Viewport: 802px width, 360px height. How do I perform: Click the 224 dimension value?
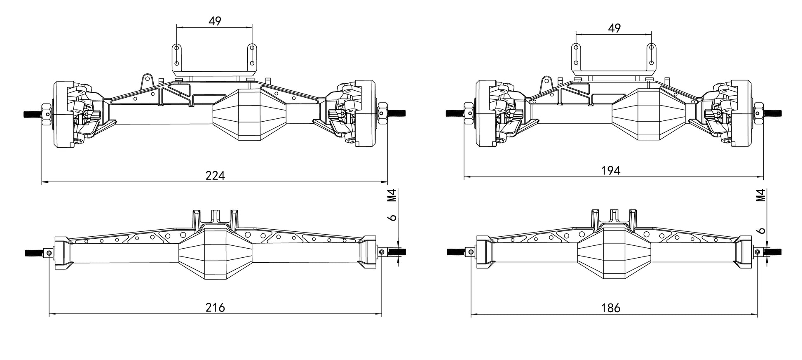(x=215, y=176)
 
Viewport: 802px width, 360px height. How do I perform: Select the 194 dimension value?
(x=611, y=170)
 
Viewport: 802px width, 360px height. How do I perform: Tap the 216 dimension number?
(x=215, y=308)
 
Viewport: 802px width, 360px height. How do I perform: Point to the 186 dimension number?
(x=611, y=308)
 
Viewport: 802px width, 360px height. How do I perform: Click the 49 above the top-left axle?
(x=215, y=21)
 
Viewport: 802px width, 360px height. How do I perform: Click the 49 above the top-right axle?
(x=614, y=28)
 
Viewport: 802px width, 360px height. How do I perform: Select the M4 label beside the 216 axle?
(x=392, y=195)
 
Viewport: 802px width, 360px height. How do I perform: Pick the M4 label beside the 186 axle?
(x=761, y=195)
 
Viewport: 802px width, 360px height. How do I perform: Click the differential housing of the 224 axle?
(x=250, y=114)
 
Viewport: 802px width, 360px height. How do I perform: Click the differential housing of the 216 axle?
(x=215, y=253)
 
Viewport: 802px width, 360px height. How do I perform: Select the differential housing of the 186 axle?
(x=614, y=253)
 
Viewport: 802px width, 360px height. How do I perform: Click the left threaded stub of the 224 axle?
(x=32, y=113)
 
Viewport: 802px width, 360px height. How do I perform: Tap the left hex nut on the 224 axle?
(x=46, y=113)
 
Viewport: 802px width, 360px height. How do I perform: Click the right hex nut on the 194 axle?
(x=758, y=113)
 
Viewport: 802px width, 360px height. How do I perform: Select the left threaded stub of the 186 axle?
(x=455, y=252)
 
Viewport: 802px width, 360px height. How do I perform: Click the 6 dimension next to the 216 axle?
(x=393, y=217)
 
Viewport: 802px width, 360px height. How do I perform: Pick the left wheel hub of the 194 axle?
(x=483, y=114)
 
